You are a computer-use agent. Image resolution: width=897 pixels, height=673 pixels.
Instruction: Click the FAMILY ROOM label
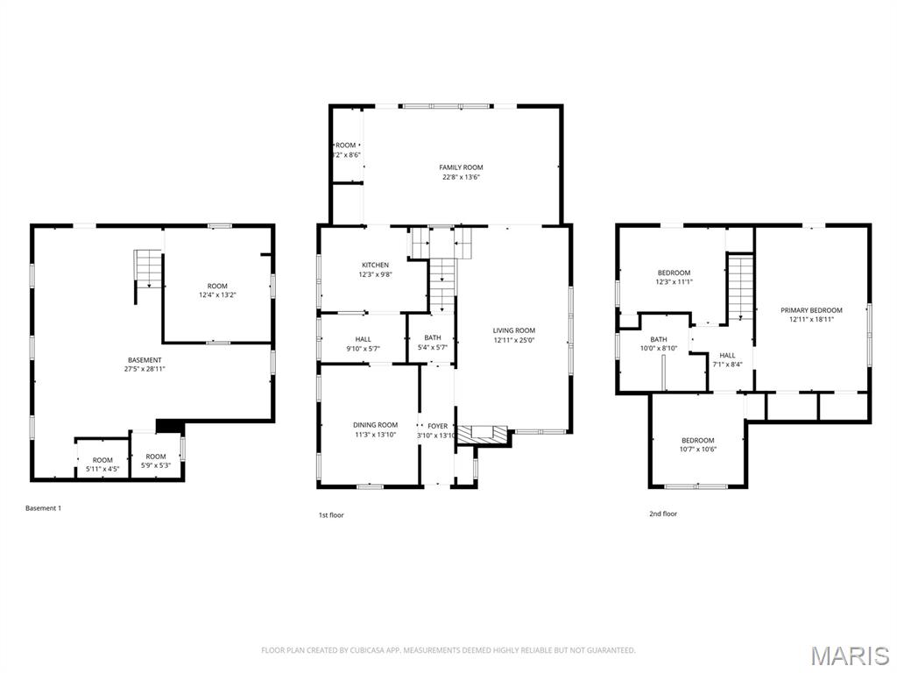tap(461, 167)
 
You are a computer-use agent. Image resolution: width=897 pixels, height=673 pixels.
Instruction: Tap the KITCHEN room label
tap(376, 265)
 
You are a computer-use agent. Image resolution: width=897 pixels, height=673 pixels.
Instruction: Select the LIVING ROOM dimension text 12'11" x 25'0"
tap(513, 340)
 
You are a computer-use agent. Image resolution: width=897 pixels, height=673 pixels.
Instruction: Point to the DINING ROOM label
tap(375, 425)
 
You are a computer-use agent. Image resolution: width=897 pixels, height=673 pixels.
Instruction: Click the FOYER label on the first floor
tap(437, 426)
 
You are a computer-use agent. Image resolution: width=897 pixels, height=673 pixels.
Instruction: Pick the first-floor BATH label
tap(433, 337)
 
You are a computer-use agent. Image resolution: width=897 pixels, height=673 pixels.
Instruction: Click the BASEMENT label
tap(145, 359)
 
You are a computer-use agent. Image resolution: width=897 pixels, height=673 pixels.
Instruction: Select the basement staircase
tap(148, 267)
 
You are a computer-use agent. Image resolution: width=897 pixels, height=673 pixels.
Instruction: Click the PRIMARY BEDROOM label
tap(811, 310)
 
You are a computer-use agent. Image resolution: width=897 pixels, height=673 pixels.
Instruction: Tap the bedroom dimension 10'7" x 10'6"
tap(698, 450)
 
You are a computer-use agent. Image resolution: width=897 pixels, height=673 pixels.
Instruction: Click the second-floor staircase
tap(741, 287)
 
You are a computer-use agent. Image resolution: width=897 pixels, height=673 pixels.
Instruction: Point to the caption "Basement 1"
tap(44, 508)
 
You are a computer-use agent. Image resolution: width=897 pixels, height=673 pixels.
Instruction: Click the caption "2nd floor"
tap(662, 514)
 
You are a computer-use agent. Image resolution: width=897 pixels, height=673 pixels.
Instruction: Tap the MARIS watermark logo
tap(850, 655)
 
